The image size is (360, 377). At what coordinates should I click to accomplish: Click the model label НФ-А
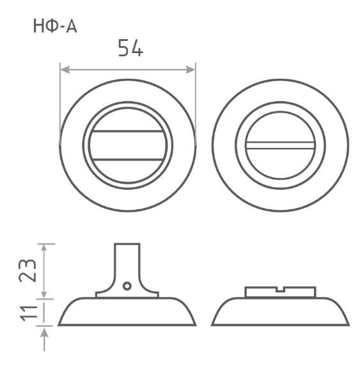click(55, 26)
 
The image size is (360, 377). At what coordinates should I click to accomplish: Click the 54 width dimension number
click(130, 48)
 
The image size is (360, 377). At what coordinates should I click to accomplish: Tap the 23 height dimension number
click(27, 270)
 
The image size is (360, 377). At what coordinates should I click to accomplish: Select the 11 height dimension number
click(29, 312)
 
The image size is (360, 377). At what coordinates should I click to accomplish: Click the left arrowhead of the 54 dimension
click(65, 70)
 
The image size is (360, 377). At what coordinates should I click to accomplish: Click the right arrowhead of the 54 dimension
click(191, 70)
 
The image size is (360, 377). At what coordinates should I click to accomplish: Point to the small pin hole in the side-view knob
click(127, 286)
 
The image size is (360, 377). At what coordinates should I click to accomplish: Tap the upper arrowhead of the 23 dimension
click(43, 248)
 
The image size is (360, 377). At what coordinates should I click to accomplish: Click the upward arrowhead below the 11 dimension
click(44, 333)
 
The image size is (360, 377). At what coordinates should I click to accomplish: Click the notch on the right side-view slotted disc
click(280, 289)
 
